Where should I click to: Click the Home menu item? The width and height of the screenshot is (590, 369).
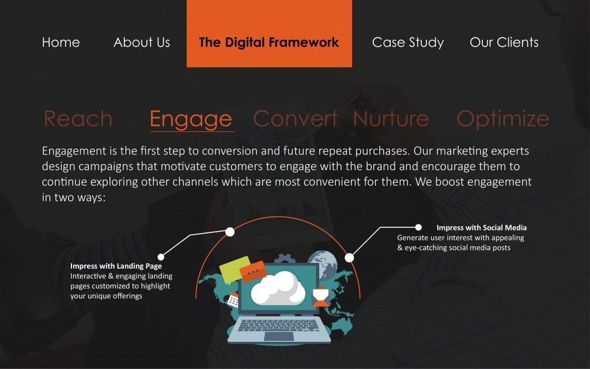(61, 42)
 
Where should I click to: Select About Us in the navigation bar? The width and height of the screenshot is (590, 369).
(142, 42)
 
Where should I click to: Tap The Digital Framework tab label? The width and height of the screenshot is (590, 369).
(269, 42)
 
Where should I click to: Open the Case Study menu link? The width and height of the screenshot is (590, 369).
(408, 43)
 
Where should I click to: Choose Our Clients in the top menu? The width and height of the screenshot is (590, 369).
(504, 42)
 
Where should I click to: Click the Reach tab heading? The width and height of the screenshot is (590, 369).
(78, 119)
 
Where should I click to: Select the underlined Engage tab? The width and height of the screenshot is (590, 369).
(191, 120)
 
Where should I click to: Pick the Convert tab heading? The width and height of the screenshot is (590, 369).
(295, 119)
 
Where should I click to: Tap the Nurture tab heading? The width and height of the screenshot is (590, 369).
(391, 119)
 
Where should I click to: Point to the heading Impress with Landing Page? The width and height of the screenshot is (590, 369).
(116, 266)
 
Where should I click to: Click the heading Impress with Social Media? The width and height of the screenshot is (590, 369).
(482, 227)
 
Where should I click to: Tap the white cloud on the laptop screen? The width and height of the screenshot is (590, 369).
(278, 288)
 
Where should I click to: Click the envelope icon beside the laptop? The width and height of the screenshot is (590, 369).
(320, 296)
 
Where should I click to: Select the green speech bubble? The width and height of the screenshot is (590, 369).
(234, 269)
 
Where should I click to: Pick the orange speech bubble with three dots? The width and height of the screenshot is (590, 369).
(254, 272)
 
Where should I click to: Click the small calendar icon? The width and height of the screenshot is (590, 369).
(233, 300)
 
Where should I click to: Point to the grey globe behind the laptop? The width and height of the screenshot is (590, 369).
(323, 263)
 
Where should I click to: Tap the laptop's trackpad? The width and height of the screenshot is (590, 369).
(279, 337)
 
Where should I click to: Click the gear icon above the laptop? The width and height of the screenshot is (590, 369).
(285, 259)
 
